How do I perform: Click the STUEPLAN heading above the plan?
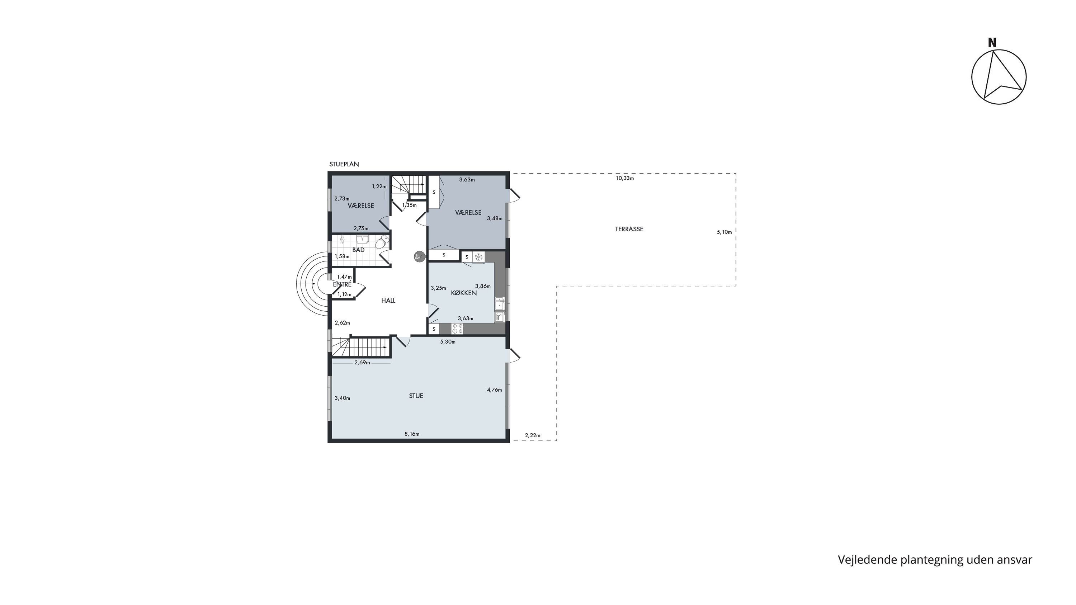(x=344, y=164)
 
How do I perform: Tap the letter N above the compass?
(x=992, y=43)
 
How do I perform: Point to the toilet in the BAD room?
(x=382, y=242)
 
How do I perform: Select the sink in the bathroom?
(x=362, y=240)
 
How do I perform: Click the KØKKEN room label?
(x=464, y=293)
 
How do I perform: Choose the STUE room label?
(x=416, y=396)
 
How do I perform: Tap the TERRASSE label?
(x=629, y=229)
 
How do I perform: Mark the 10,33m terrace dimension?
(x=625, y=178)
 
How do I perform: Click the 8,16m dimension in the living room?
(x=412, y=434)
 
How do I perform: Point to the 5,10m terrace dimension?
(x=724, y=232)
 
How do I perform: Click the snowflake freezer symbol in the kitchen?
(x=478, y=257)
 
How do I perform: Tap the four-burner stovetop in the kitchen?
(x=458, y=329)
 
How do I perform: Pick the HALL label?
(x=388, y=300)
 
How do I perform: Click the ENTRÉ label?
(x=342, y=284)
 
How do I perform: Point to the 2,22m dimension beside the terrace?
(x=533, y=435)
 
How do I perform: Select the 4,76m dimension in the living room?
(x=495, y=390)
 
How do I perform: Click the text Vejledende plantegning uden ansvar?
(x=935, y=560)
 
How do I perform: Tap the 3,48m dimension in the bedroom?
(x=495, y=218)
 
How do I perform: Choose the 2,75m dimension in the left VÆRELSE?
(x=361, y=228)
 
